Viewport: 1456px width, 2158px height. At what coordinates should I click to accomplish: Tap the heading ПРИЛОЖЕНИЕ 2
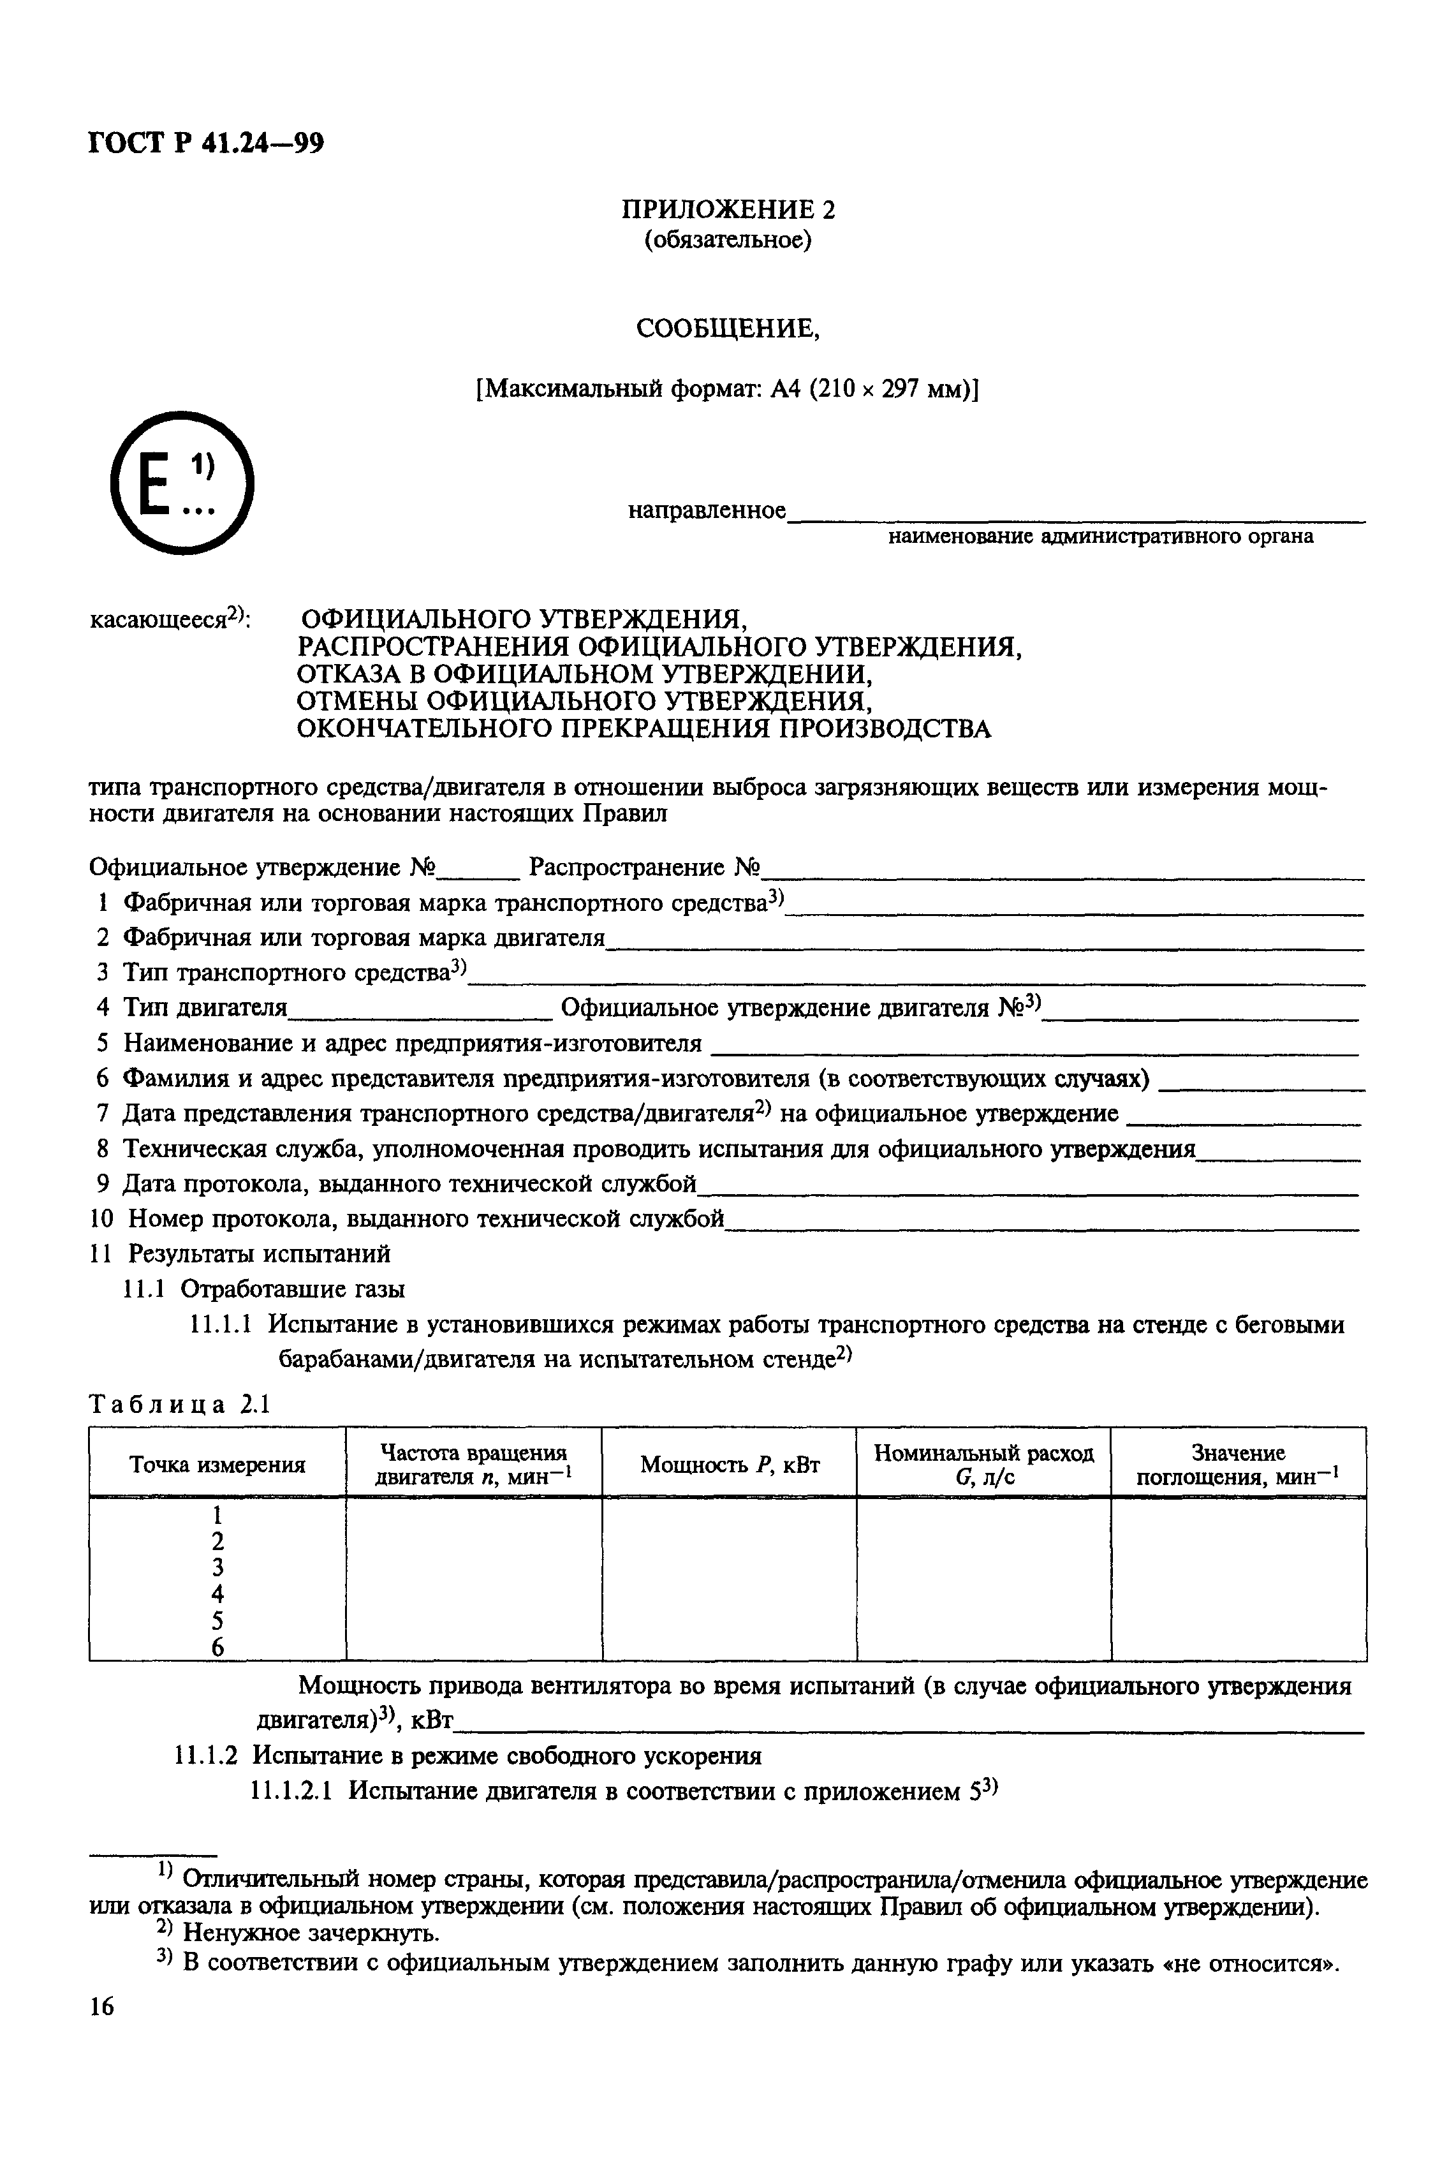point(727,210)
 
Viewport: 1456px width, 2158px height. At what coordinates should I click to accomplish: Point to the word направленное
point(707,511)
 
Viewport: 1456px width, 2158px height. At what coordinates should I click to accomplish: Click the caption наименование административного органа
point(1100,536)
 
